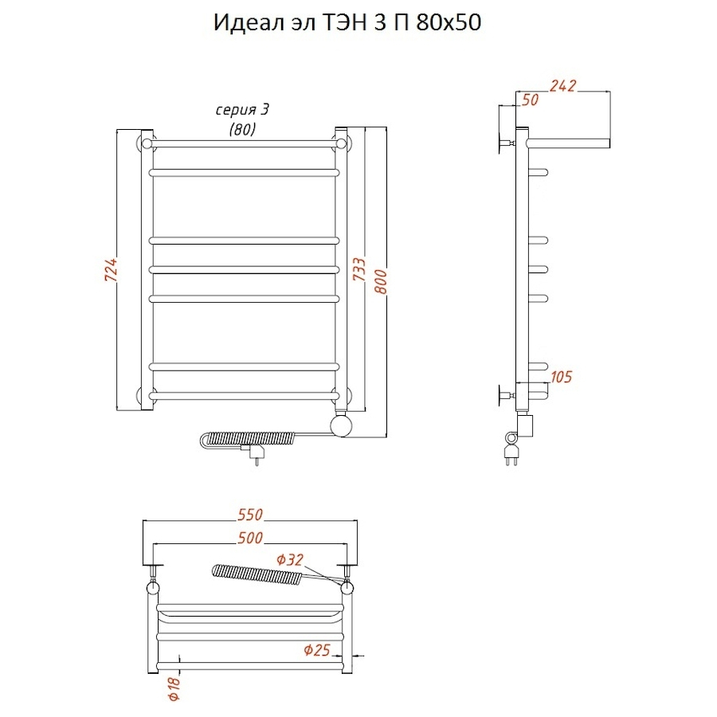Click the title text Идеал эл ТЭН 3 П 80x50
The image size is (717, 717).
(347, 22)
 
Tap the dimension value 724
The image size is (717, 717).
(111, 269)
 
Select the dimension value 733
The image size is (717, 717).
(359, 269)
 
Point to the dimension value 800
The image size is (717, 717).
(381, 282)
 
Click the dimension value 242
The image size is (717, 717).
(562, 85)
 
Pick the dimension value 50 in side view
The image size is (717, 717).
(530, 100)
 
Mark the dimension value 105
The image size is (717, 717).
(561, 377)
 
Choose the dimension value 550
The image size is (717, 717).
(250, 515)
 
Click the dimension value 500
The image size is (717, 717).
(250, 538)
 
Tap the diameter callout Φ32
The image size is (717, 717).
(290, 560)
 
